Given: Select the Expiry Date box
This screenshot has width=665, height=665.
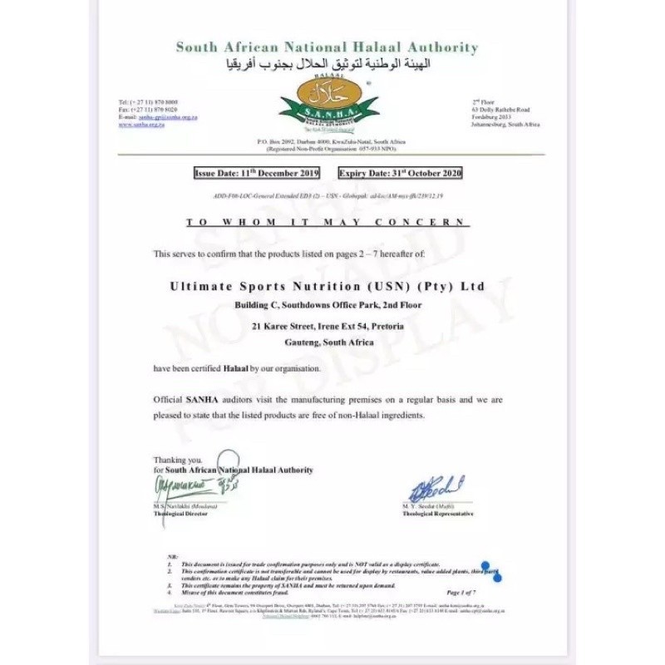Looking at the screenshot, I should pos(400,174).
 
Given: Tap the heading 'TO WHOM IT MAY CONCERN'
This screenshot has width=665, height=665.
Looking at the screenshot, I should pos(327,223).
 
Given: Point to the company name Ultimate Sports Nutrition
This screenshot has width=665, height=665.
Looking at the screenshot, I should pos(327,286).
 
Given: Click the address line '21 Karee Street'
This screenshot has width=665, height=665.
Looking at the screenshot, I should pos(328,327).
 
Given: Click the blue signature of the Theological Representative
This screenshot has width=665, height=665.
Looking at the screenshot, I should pos(435,488).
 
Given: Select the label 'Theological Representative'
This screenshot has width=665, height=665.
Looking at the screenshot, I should pos(438,514).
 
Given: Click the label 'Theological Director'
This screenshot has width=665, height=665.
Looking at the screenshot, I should pos(180,514).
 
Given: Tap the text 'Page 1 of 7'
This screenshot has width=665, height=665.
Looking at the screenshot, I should pos(461,592).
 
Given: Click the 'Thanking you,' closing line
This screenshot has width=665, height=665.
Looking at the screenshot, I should pos(177,460).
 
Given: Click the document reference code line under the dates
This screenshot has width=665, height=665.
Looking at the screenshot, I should pos(328,196).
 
